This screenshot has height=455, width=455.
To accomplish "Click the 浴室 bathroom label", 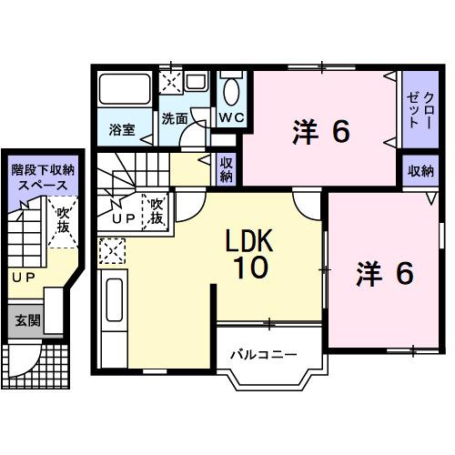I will pyautogui.click(x=123, y=128).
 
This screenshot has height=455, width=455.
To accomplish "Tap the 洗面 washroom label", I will pyautogui.click(x=175, y=118).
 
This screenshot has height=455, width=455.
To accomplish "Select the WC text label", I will pyautogui.click(x=229, y=118).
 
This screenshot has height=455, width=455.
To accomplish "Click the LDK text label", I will pyautogui.click(x=250, y=240).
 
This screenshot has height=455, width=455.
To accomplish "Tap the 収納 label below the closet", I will pyautogui.click(x=420, y=171).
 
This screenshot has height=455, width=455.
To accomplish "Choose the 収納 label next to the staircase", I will pyautogui.click(x=227, y=169).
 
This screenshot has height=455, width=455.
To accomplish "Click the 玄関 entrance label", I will pyautogui.click(x=24, y=321).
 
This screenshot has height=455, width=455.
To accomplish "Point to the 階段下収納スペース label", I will pyautogui.click(x=42, y=176).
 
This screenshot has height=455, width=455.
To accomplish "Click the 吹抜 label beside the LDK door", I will pyautogui.click(x=157, y=211).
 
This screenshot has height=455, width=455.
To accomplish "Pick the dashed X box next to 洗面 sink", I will pyautogui.click(x=170, y=81).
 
